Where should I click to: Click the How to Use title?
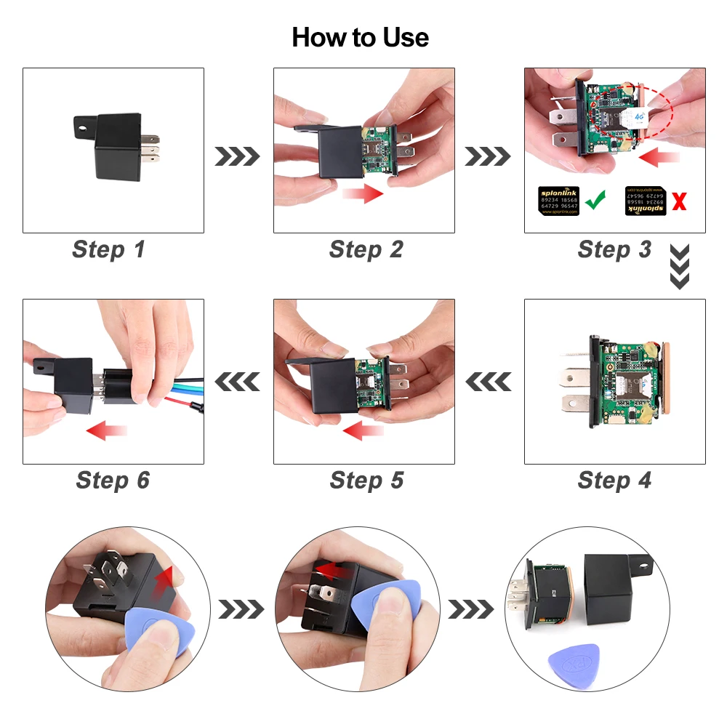click(x=360, y=37)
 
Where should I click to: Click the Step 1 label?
click(x=109, y=249)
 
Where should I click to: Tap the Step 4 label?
click(x=614, y=480)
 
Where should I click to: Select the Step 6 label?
click(x=113, y=480)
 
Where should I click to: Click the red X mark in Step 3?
click(x=679, y=201)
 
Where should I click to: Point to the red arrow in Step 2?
click(x=363, y=193)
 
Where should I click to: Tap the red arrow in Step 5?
click(x=363, y=432)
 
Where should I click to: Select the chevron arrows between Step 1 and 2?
click(x=237, y=156)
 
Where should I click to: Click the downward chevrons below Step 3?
click(x=679, y=267)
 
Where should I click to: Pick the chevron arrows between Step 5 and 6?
click(x=237, y=381)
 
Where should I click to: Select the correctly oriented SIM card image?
click(x=559, y=201)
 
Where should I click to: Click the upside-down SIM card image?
click(x=646, y=201)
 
